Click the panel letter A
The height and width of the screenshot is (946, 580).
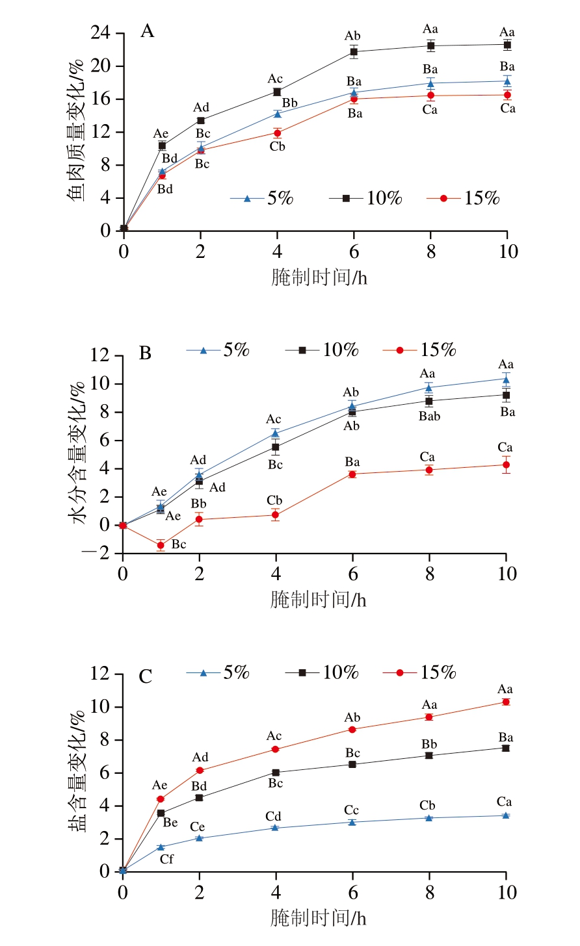tap(148, 31)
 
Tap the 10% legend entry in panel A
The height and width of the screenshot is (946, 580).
tap(366, 198)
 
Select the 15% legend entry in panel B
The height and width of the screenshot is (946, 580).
tap(419, 350)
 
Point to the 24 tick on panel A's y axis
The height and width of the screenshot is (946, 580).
tap(100, 33)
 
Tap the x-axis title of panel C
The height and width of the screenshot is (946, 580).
tap(318, 917)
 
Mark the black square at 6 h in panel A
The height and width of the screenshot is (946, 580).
tap(354, 51)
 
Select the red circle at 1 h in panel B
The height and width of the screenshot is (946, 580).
tap(161, 545)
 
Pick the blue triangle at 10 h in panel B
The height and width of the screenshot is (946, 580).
tap(506, 379)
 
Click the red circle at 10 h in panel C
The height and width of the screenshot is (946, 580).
tap(506, 702)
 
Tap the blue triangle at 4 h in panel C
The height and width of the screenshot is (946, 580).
tap(276, 827)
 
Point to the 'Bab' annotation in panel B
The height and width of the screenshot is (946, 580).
tap(429, 416)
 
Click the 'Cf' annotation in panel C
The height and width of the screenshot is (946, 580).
tap(166, 859)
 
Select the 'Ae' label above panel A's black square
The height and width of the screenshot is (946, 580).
tap(161, 133)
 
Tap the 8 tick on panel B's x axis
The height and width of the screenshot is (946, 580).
tap(429, 574)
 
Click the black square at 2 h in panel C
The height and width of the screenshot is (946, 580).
tap(200, 797)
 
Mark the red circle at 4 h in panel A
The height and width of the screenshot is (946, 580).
tap(277, 133)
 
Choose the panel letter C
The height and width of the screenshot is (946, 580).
tap(146, 676)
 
